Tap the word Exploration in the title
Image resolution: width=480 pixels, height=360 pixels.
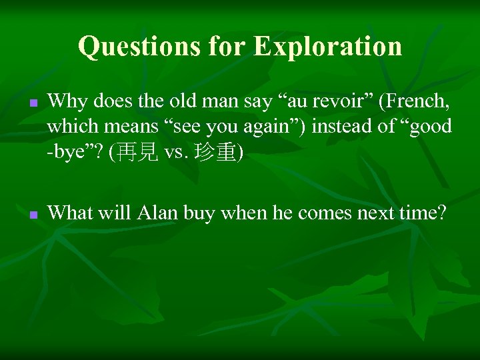pyautogui.click(x=329, y=47)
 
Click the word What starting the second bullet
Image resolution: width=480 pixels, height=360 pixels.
pyautogui.click(x=71, y=213)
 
